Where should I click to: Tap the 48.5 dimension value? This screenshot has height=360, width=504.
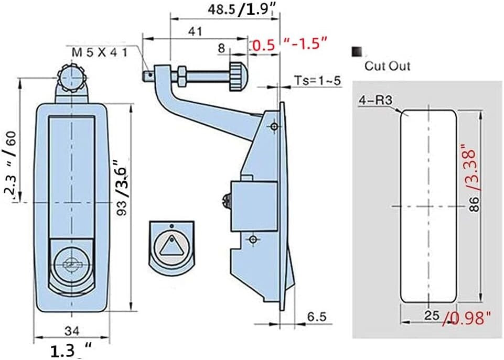[220, 9]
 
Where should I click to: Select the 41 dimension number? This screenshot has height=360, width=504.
[195, 31]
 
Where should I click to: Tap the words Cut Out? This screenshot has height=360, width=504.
[388, 66]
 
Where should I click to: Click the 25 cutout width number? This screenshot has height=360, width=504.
[431, 316]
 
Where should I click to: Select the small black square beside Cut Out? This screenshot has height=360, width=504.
[357, 51]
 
